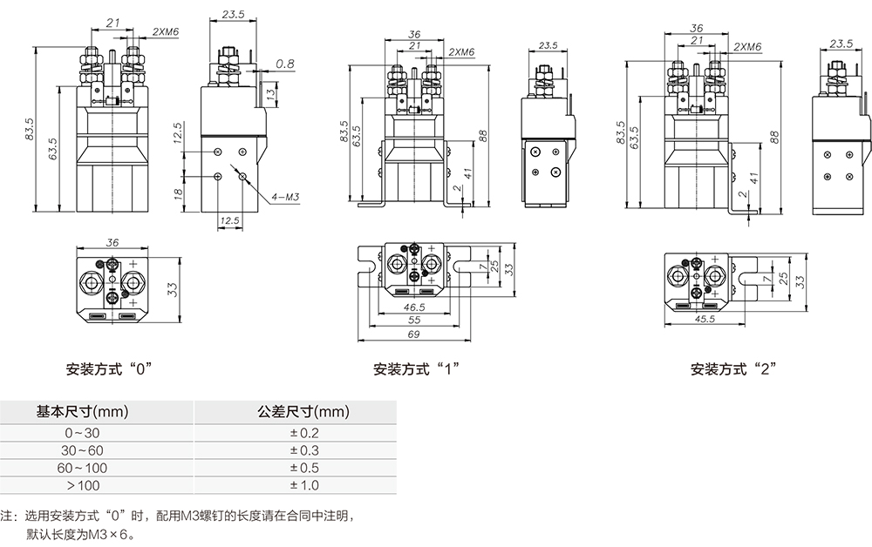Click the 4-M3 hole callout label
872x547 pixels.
(x=286, y=199)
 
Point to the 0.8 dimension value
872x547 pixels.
(x=284, y=64)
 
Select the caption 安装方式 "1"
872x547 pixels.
(x=416, y=368)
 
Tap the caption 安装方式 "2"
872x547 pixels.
(x=733, y=368)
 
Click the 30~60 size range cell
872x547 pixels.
(x=82, y=450)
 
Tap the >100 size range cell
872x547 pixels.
(x=82, y=485)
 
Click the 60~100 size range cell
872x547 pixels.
(x=82, y=468)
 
